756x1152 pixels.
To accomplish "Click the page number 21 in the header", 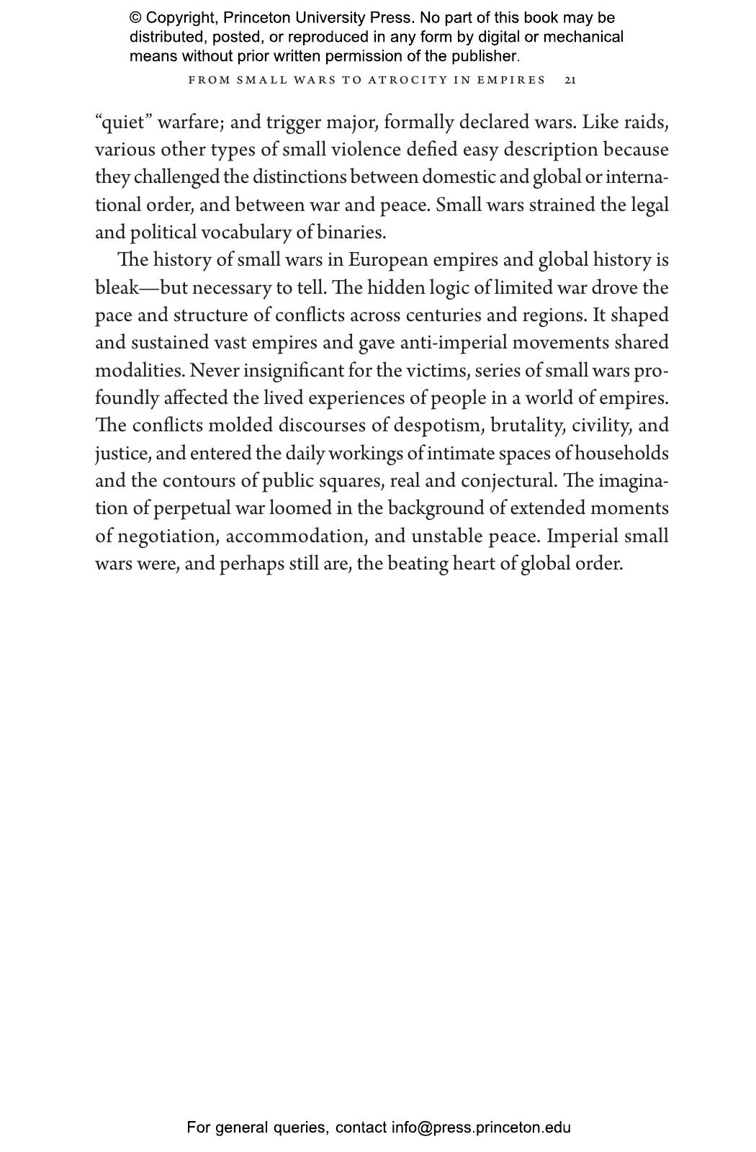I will (x=570, y=80).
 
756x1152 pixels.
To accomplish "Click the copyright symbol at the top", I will (x=135, y=18).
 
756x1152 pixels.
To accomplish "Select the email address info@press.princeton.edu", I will (x=481, y=1128).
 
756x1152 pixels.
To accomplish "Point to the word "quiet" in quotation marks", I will (x=123, y=122).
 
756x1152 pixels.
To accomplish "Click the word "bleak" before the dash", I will (x=116, y=288).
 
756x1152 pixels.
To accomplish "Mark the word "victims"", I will (x=437, y=371).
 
